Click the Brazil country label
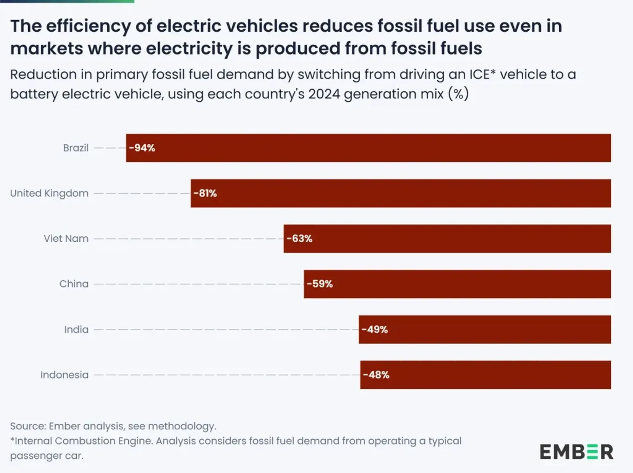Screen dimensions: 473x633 [76, 148]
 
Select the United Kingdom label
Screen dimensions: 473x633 [49, 193]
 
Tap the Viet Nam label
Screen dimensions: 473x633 [66, 238]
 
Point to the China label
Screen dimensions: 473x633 [74, 284]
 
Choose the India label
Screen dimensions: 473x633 [76, 330]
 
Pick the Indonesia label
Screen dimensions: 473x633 [64, 375]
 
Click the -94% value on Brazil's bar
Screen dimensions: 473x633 [142, 148]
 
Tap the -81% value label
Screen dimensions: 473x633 [206, 193]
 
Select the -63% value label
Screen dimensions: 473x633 [300, 238]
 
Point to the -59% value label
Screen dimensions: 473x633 [320, 284]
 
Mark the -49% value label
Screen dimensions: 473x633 [375, 330]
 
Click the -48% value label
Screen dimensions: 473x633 [376, 375]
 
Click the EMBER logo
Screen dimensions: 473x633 [576, 452]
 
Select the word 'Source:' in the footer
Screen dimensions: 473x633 [28, 426]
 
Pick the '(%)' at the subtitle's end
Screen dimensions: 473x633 [459, 94]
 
